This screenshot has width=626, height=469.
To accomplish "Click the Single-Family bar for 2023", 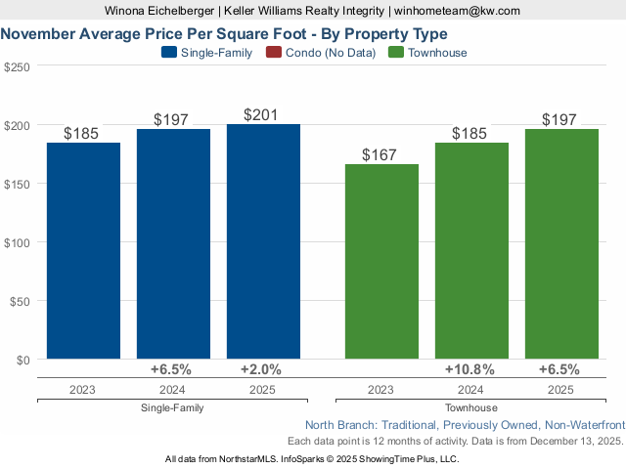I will (83, 250).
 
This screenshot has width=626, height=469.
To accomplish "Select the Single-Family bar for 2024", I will (173, 244).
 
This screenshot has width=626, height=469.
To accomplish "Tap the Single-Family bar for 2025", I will (263, 241).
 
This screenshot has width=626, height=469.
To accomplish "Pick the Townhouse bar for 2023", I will (381, 261).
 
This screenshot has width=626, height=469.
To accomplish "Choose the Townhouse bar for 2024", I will (471, 250).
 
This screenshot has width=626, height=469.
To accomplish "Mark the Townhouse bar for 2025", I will (561, 244).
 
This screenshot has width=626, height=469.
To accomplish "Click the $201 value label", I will (261, 114).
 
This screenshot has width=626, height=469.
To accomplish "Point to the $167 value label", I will (380, 154).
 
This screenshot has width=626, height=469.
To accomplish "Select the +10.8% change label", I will (469, 370).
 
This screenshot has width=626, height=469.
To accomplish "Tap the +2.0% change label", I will (261, 370).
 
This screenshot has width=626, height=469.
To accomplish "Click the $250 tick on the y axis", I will (17, 66).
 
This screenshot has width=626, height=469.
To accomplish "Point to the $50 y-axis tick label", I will (20, 301).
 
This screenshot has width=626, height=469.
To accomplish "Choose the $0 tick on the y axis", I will (23, 360).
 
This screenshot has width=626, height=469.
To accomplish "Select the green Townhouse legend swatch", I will (394, 53).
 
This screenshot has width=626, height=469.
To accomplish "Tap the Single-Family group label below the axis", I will (172, 407).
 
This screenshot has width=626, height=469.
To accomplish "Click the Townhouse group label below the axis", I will (470, 407).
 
